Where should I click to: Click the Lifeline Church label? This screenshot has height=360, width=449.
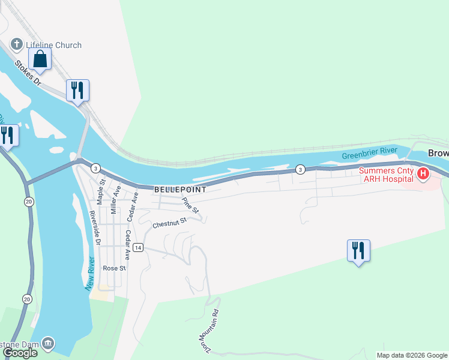(x=53, y=45)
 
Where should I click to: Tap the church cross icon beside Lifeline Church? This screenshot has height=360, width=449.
(x=16, y=44)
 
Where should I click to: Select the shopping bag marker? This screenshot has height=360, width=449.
(x=40, y=59)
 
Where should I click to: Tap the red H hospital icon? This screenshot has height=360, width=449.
(x=423, y=175)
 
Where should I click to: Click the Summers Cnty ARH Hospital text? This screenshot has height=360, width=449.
(x=387, y=175)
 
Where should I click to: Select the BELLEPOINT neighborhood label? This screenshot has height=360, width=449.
(x=180, y=189)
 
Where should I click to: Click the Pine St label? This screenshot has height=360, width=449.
(x=190, y=205)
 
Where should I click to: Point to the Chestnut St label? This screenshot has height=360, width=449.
(x=170, y=224)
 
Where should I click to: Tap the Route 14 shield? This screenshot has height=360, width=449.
(x=138, y=248)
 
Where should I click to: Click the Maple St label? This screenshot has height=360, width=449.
(x=102, y=190)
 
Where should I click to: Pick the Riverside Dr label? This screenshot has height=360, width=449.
(x=94, y=228)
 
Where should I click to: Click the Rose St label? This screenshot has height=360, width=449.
(x=113, y=268)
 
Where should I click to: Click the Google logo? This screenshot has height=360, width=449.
(x=20, y=353)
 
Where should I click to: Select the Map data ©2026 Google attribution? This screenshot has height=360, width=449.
(x=412, y=355)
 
